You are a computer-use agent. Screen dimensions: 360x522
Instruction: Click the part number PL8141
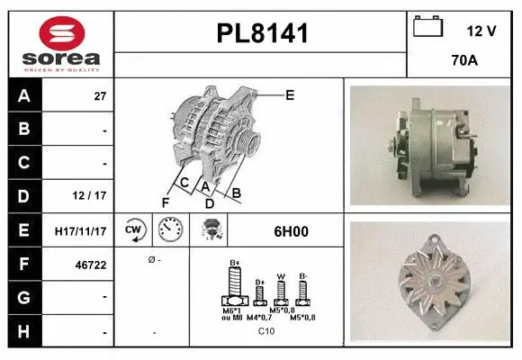[262, 34]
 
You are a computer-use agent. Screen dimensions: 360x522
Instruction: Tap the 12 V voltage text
[481, 31]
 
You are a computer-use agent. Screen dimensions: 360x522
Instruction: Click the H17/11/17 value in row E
[81, 231]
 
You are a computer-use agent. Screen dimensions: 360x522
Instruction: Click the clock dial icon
[170, 230]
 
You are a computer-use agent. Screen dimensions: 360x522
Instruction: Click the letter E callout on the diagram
[290, 94]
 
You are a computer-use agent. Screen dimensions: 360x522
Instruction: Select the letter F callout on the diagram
[165, 202]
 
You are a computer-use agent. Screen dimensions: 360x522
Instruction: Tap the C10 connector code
[266, 331]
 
